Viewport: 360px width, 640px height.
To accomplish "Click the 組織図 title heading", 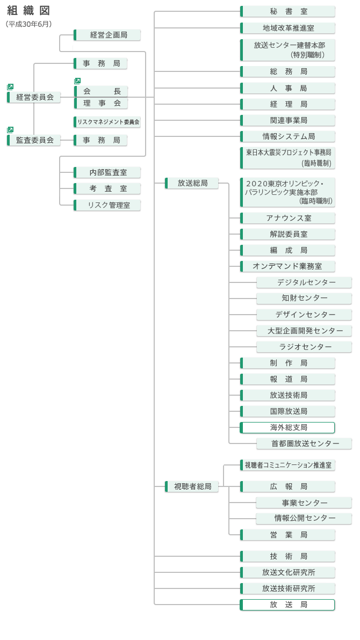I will [28, 11].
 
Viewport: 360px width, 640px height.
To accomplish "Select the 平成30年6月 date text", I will [29, 24].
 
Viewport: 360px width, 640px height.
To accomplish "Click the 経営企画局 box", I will [107, 35].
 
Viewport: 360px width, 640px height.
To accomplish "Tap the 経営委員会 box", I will [34, 97].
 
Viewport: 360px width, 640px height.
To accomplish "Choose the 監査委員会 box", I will [34, 140].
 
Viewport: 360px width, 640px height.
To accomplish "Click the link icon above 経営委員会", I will [10, 86].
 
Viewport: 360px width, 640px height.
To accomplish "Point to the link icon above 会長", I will [77, 81].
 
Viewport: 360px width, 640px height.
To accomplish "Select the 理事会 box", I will [101, 103].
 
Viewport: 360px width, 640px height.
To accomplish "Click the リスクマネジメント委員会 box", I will [107, 122].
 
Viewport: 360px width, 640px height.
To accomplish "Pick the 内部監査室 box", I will [107, 172].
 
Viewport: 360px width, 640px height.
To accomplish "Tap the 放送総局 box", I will [192, 183].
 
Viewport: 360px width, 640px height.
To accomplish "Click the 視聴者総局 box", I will [192, 486].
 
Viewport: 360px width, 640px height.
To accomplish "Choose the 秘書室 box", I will [288, 11].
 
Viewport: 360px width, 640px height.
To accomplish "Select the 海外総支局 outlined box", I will [287, 427].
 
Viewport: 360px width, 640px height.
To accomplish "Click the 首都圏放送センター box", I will [304, 443].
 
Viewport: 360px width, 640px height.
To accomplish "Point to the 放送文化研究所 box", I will [288, 572].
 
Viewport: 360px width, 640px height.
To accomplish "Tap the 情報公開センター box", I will [304, 518].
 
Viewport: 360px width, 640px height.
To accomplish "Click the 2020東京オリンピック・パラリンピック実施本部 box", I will [288, 192].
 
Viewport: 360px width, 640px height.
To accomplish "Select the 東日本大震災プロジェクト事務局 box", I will [288, 158].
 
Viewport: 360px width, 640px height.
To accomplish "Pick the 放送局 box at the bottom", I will [287, 605].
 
